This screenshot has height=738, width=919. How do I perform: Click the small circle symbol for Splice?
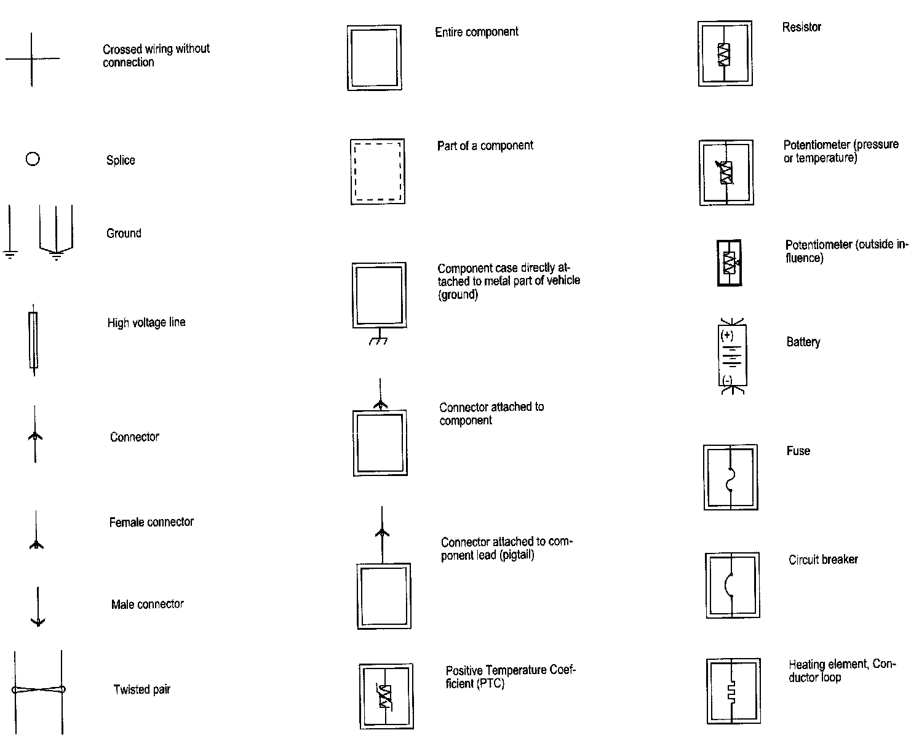(x=33, y=159)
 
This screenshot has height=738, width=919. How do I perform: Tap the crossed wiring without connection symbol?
(x=32, y=59)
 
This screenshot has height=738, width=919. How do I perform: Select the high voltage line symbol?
(x=33, y=340)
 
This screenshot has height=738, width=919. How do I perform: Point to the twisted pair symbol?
(x=38, y=690)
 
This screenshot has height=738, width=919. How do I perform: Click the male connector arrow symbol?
(x=38, y=608)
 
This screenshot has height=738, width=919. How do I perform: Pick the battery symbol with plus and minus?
(x=732, y=355)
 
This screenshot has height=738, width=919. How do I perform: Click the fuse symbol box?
(x=731, y=478)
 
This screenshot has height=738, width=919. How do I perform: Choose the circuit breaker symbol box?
(x=732, y=585)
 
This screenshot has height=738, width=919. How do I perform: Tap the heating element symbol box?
(x=733, y=691)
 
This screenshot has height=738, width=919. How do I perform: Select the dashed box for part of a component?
(x=378, y=172)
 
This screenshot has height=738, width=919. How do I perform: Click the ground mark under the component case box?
(x=379, y=339)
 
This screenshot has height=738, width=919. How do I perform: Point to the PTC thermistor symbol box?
(x=386, y=696)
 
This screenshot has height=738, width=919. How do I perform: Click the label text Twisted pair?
(x=141, y=689)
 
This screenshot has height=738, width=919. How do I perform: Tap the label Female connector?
(x=151, y=522)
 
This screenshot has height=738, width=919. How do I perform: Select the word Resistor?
(x=802, y=27)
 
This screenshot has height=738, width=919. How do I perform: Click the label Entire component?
(x=477, y=32)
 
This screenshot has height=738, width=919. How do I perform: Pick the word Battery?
(x=803, y=342)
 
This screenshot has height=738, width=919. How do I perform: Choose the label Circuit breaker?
(x=823, y=560)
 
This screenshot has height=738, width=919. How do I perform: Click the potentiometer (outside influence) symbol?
(x=730, y=263)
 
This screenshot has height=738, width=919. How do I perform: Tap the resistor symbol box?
(x=725, y=54)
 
